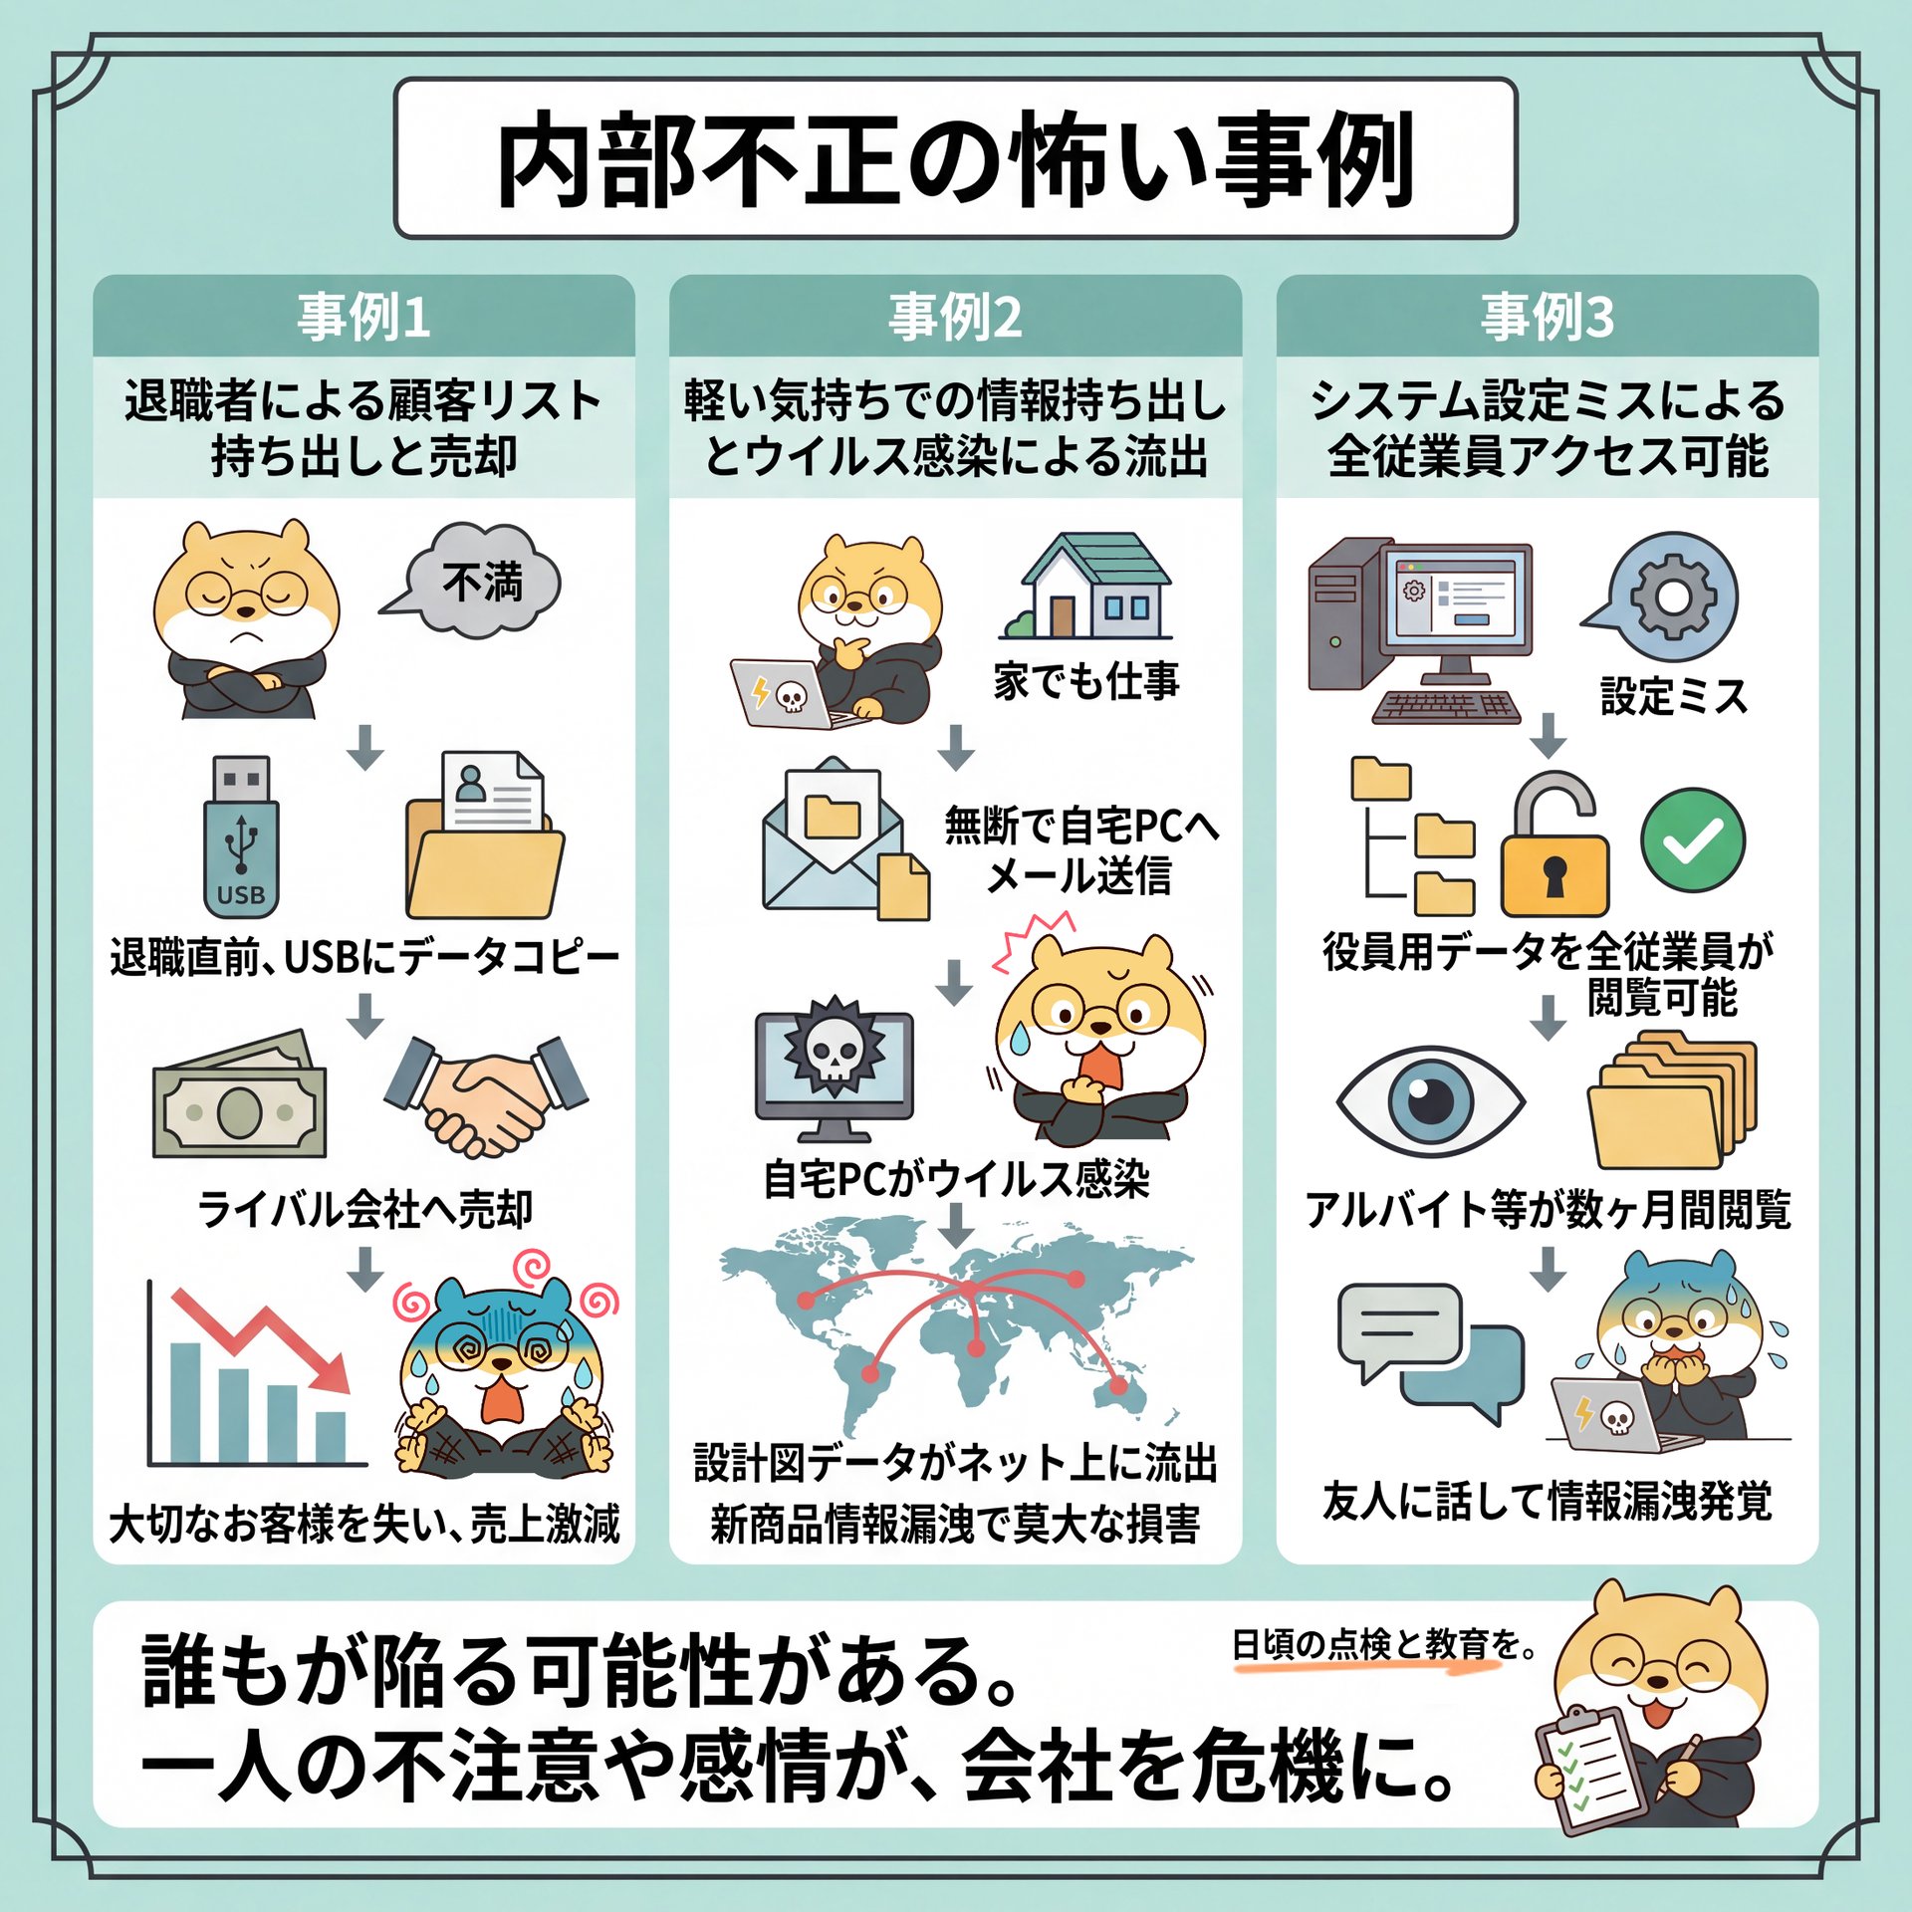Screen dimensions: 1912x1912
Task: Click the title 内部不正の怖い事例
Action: point(955,159)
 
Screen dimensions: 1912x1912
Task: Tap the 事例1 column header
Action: point(363,317)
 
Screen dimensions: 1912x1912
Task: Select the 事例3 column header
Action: point(1547,317)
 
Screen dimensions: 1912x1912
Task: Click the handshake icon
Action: point(486,1095)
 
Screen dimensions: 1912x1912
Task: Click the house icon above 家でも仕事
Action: point(1086,586)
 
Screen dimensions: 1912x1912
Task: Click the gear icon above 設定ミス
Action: point(1673,597)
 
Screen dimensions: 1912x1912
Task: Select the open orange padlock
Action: point(1553,844)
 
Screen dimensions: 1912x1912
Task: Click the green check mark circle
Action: point(1693,839)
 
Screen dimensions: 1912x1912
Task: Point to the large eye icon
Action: point(1431,1101)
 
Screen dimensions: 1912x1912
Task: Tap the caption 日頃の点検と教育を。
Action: point(1384,1644)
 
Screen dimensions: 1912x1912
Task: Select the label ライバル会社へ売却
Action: point(364,1209)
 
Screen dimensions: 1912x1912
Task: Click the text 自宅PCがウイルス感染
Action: point(956,1179)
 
